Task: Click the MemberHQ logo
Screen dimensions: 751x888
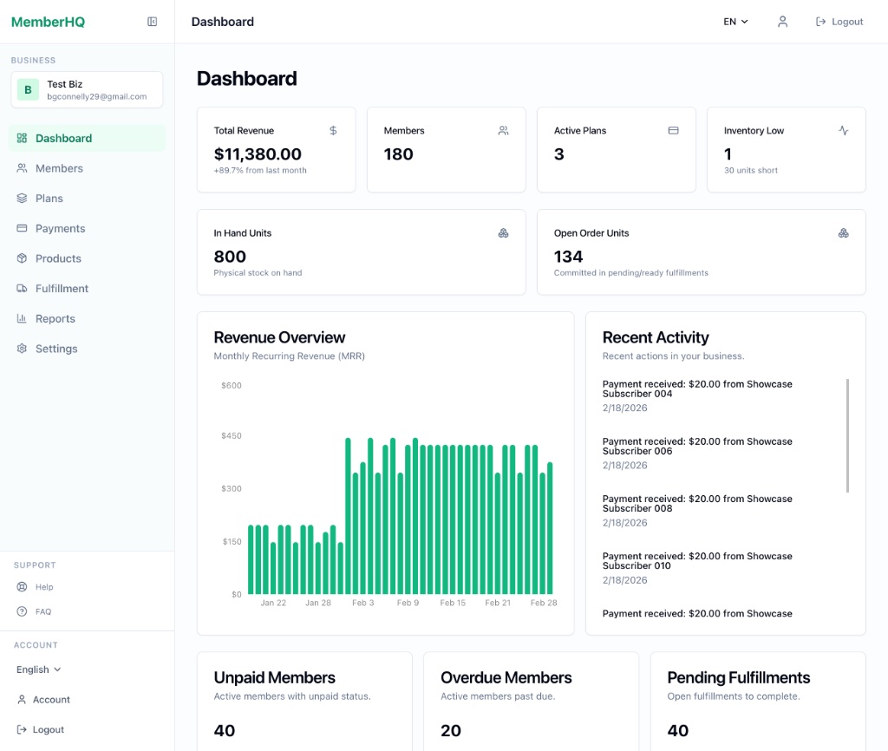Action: (x=48, y=22)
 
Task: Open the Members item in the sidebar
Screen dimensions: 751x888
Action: (x=59, y=168)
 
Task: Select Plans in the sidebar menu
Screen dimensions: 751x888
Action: (x=49, y=199)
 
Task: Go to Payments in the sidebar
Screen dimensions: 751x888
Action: (x=60, y=228)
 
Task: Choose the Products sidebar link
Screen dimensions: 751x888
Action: (x=58, y=258)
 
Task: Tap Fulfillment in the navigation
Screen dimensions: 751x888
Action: (x=62, y=289)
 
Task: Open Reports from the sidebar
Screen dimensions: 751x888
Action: (x=55, y=318)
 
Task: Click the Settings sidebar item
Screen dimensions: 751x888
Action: (x=56, y=349)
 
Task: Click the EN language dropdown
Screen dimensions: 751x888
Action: (x=735, y=22)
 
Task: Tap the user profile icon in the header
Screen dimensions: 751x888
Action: (x=782, y=22)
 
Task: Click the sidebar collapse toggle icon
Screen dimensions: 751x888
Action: (x=153, y=22)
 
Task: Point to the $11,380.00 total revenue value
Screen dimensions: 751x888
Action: (x=258, y=154)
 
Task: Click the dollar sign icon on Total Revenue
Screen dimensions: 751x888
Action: (x=333, y=131)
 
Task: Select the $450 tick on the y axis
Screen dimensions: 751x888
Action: (x=232, y=435)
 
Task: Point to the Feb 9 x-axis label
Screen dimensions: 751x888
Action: (x=408, y=603)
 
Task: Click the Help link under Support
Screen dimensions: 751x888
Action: (x=44, y=587)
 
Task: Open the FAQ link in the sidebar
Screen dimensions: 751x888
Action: (x=43, y=611)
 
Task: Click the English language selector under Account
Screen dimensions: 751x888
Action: (x=39, y=669)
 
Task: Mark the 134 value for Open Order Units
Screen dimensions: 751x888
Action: (x=568, y=257)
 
